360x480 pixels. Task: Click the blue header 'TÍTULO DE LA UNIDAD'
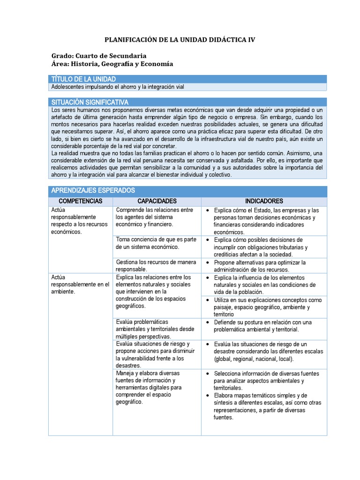point(83,79)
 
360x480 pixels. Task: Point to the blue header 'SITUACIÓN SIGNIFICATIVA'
point(90,102)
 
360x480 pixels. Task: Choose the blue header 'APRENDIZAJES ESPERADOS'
point(93,190)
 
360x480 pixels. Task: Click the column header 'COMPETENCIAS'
point(80,201)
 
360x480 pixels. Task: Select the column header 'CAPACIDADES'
point(157,201)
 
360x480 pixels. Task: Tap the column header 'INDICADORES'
point(264,201)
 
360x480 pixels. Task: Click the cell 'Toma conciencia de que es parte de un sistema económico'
point(156,243)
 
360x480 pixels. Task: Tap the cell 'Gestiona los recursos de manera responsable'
point(156,266)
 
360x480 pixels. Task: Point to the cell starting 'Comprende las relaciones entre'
point(155,217)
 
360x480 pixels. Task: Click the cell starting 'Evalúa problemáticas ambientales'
point(155,329)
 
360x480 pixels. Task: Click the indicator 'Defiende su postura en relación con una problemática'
point(262,326)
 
